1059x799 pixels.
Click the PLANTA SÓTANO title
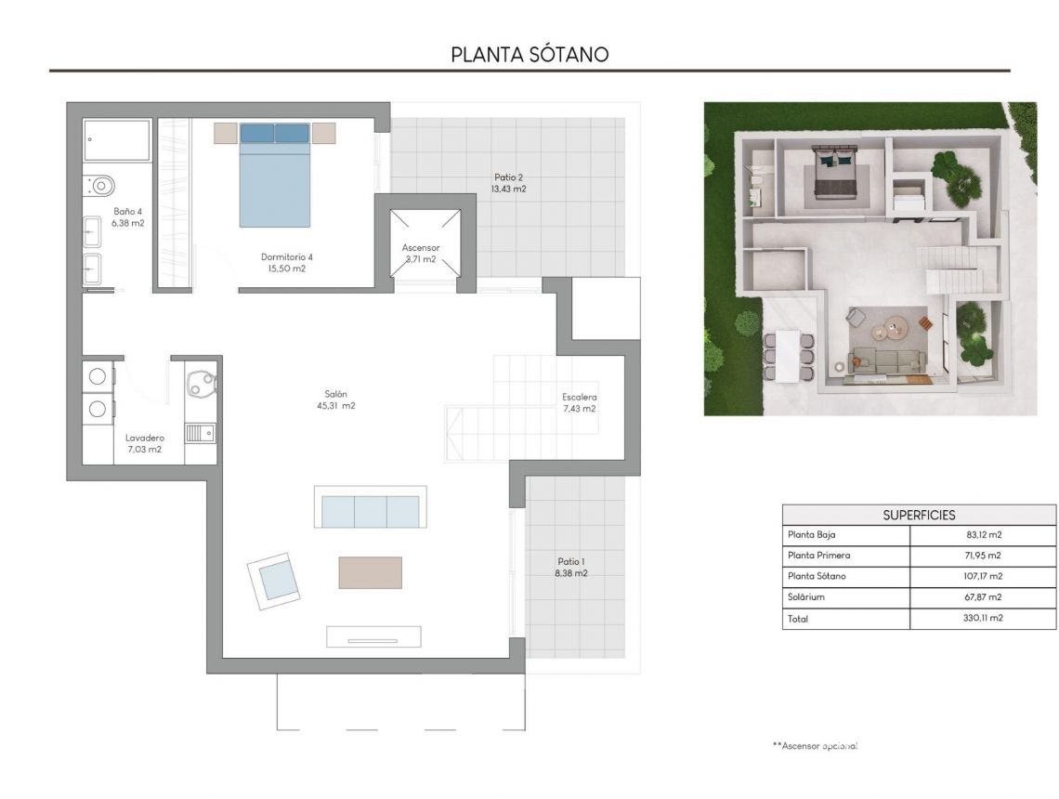pyautogui.click(x=529, y=54)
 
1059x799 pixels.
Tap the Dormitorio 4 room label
pyautogui.click(x=287, y=257)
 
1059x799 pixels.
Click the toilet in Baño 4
pyautogui.click(x=99, y=185)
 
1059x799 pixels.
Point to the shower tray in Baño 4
pyautogui.click(x=116, y=140)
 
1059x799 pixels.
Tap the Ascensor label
pyautogui.click(x=421, y=248)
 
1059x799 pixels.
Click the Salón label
pyautogui.click(x=336, y=394)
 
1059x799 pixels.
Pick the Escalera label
pyautogui.click(x=579, y=398)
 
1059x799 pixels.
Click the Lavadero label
pyautogui.click(x=144, y=438)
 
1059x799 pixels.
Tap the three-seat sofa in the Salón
pyautogui.click(x=370, y=510)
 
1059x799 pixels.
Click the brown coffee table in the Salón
pyautogui.click(x=370, y=572)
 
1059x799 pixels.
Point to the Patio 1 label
pyautogui.click(x=571, y=561)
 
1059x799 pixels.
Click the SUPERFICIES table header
pyautogui.click(x=918, y=515)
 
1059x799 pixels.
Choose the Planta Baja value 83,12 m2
pyautogui.click(x=984, y=535)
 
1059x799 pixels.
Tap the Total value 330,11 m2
pyautogui.click(x=984, y=618)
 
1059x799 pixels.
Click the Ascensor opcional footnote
pyautogui.click(x=814, y=746)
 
